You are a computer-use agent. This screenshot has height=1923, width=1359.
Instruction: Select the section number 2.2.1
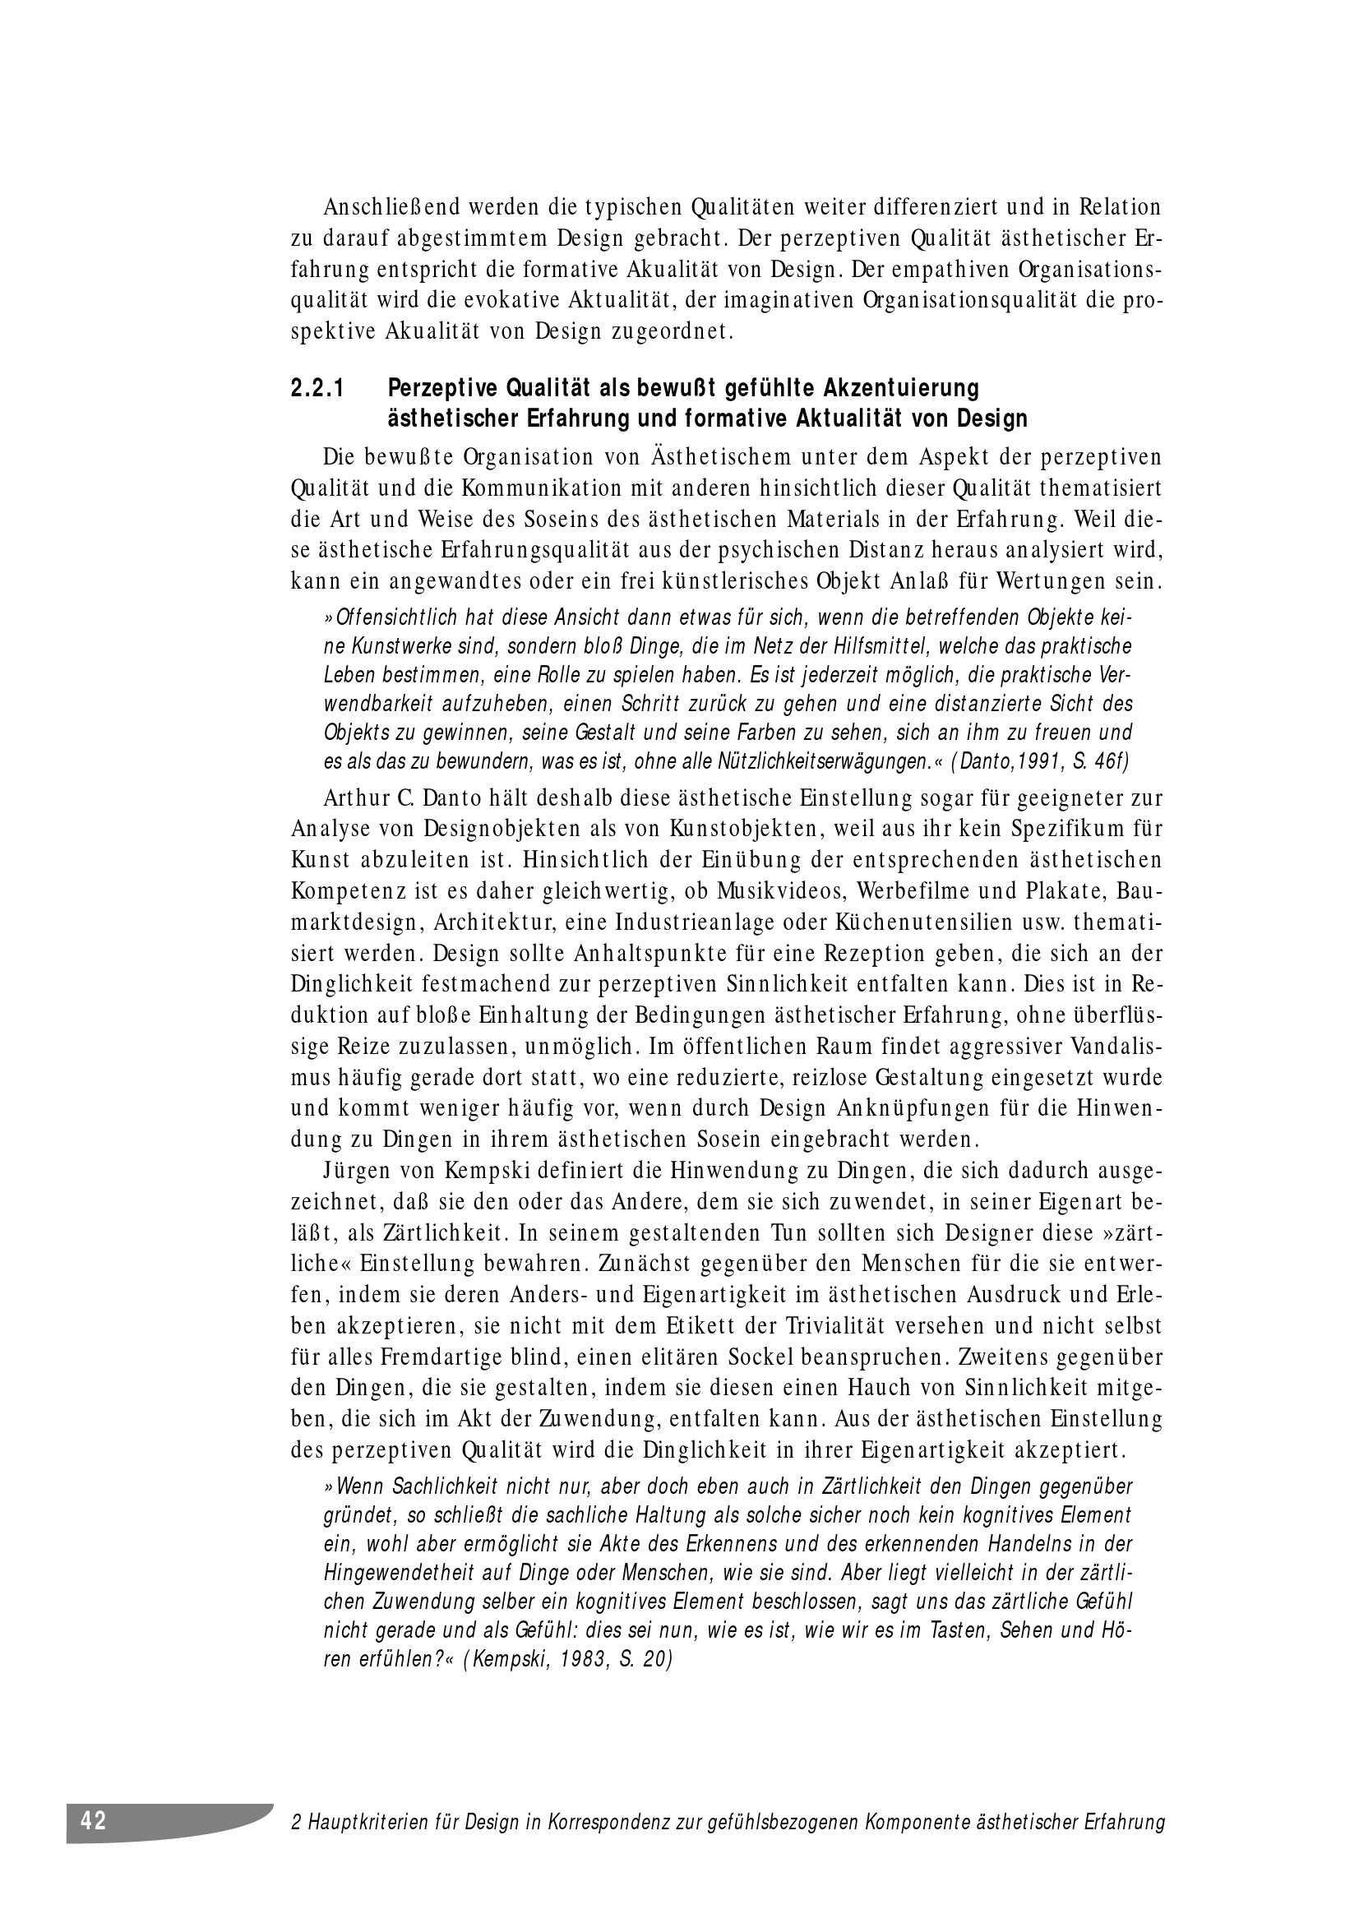318,389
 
